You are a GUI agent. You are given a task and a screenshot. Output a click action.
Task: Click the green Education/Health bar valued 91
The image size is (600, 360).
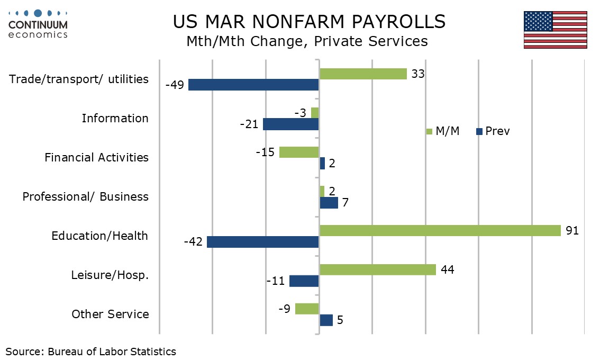coord(440,230)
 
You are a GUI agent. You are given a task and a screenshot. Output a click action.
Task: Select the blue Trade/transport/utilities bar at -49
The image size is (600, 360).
coord(253,85)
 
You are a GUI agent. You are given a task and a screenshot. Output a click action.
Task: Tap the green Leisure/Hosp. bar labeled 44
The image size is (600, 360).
coord(378,269)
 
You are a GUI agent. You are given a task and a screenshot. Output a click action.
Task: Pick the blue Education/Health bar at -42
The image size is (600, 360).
coord(263,242)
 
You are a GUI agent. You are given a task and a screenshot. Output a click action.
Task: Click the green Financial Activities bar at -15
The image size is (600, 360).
coord(299,152)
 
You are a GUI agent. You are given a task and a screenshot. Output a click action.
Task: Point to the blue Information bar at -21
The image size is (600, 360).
coord(291,124)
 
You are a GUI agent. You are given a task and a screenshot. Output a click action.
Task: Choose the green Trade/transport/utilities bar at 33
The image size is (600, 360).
coord(363,74)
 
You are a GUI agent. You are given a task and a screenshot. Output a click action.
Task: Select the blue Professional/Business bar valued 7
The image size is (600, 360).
coord(329,203)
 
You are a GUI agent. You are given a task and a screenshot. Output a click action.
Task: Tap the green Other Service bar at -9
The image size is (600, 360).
coord(307,309)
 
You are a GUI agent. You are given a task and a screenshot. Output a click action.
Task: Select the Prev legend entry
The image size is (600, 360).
coord(493,131)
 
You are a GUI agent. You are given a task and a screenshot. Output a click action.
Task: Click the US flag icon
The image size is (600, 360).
coord(555,30)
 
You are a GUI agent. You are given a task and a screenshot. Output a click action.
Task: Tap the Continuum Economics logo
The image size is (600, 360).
coord(38,24)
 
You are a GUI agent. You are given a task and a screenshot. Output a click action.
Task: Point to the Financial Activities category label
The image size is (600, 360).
coord(96,157)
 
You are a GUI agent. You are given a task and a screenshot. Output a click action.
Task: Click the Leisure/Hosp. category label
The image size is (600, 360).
coord(110,275)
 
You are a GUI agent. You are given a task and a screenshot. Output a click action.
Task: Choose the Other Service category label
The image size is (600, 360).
coord(110,314)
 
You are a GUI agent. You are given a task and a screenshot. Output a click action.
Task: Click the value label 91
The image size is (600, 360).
coord(572,230)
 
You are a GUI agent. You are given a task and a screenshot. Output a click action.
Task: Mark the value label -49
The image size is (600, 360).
coord(174,85)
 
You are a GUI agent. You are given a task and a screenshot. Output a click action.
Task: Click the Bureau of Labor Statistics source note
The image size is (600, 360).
coord(90,351)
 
